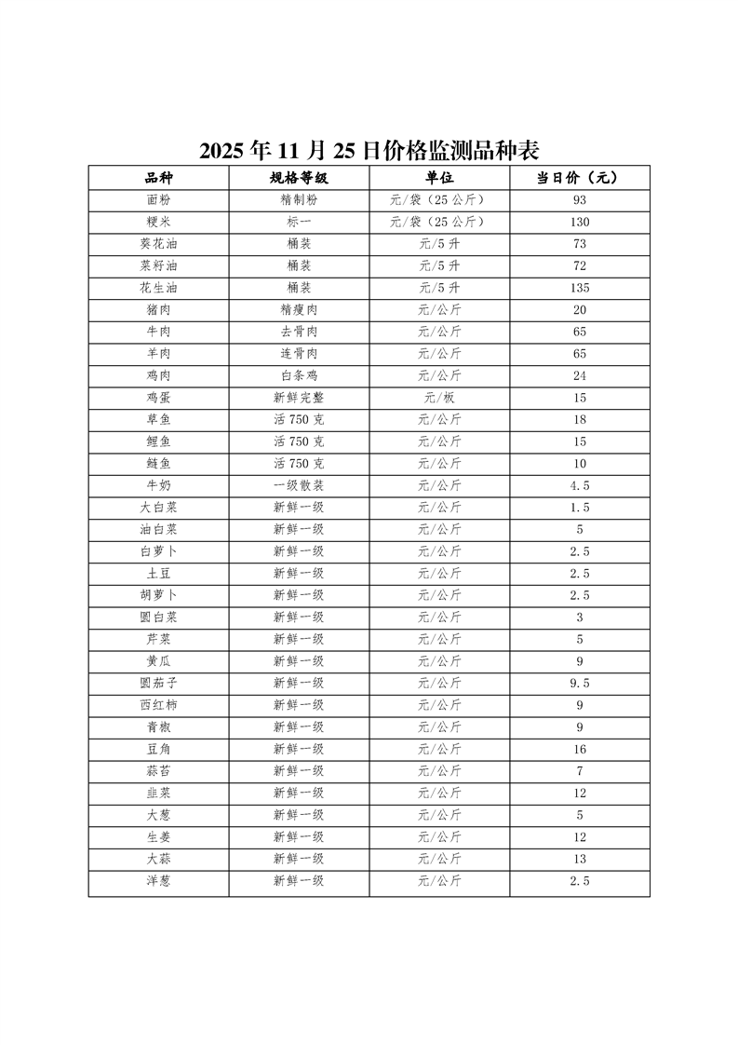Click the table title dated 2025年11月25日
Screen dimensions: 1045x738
[x=369, y=150]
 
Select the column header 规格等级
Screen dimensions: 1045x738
[x=299, y=178]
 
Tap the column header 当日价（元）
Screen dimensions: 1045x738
[x=579, y=178]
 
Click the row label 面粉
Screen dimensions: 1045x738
[x=158, y=200]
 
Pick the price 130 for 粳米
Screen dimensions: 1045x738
[x=579, y=223]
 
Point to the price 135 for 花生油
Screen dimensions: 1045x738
[x=579, y=288]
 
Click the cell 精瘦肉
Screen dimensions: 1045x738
[x=299, y=310]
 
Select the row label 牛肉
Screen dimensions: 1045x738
[x=158, y=332]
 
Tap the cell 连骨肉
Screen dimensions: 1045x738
[x=299, y=354]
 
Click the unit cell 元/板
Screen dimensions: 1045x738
[x=439, y=398]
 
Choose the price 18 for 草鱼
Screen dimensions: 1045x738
[x=579, y=420]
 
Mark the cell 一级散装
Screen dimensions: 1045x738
[x=299, y=485]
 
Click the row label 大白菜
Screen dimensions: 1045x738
[x=158, y=508]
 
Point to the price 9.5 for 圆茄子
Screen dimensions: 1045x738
[x=579, y=683]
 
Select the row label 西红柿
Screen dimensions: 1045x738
[x=158, y=705]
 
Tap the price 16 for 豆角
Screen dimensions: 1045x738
[x=579, y=749]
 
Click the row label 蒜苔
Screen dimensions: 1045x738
[x=158, y=771]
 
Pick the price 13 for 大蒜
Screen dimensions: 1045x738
[x=579, y=859]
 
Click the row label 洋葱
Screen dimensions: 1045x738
[x=158, y=881]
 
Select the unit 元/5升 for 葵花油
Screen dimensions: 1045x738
[x=439, y=244]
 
